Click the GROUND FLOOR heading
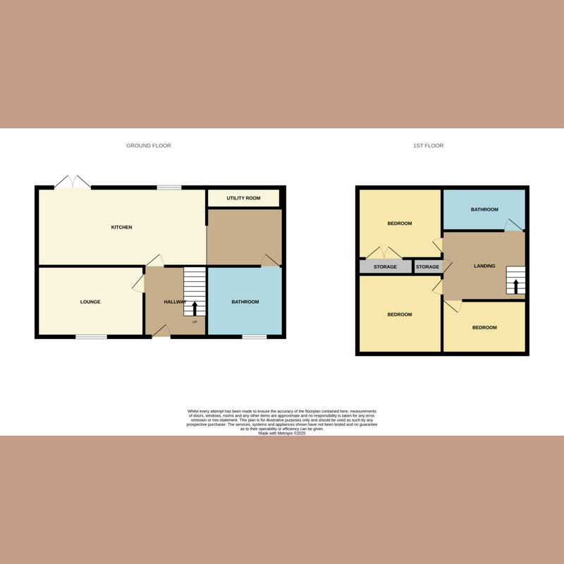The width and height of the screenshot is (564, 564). (x=148, y=146)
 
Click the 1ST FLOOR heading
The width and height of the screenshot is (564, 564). (x=428, y=146)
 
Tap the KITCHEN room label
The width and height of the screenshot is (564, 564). (x=122, y=228)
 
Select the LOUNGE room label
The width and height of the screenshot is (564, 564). (x=90, y=302)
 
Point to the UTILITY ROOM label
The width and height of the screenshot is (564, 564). (x=243, y=198)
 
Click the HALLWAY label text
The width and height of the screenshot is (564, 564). (x=175, y=302)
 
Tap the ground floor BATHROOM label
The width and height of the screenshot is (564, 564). (x=245, y=302)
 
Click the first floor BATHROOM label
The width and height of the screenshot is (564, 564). (x=484, y=209)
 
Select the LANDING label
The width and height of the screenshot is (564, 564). (x=484, y=266)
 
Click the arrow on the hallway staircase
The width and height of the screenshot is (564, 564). (x=195, y=307)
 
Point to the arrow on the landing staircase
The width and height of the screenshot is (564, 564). (x=515, y=286)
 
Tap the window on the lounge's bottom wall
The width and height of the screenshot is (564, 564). (x=92, y=337)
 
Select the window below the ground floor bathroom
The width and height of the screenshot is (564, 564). (x=255, y=337)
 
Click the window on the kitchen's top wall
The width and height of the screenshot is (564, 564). (x=168, y=188)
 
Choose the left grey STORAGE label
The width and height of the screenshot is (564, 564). (x=385, y=267)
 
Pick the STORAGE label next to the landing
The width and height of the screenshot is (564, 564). (x=427, y=267)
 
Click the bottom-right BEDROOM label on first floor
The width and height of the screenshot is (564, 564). (x=484, y=328)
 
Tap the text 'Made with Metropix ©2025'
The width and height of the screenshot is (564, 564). (x=282, y=434)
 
